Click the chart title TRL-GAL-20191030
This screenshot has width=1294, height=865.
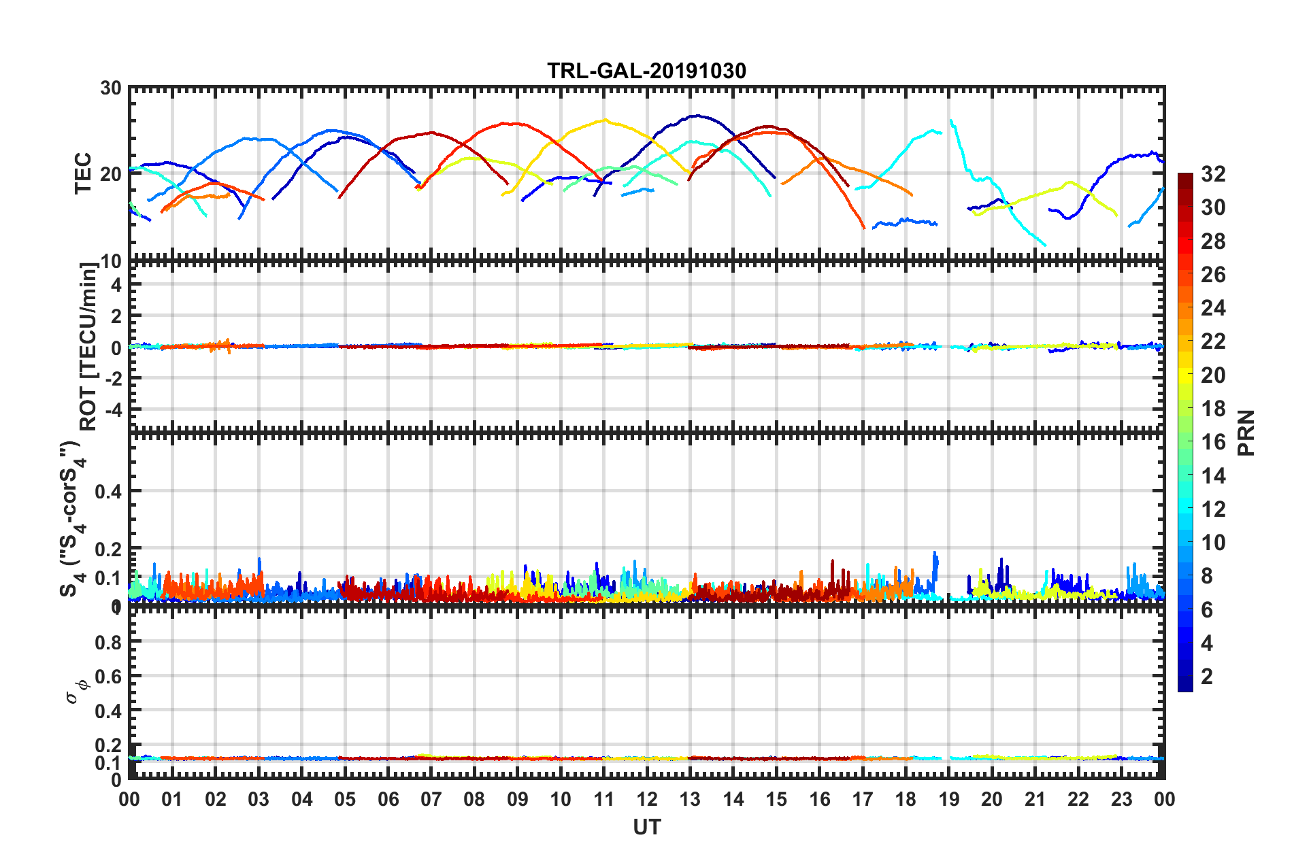pyautogui.click(x=646, y=71)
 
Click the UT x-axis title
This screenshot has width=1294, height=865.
pyautogui.click(x=646, y=827)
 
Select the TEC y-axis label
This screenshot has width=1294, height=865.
pyautogui.click(x=83, y=173)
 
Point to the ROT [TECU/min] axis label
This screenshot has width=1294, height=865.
pyautogui.click(x=88, y=347)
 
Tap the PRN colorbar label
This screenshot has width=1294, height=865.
pyautogui.click(x=1246, y=432)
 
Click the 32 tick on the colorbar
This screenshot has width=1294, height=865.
pyautogui.click(x=1213, y=174)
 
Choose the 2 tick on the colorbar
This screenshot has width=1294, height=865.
pyautogui.click(x=1207, y=676)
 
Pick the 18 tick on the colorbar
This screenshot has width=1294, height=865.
pyautogui.click(x=1213, y=409)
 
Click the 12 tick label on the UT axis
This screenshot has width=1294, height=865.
pyautogui.click(x=646, y=799)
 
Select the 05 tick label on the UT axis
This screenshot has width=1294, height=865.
pyautogui.click(x=345, y=799)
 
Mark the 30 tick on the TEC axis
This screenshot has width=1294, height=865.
pyautogui.click(x=111, y=88)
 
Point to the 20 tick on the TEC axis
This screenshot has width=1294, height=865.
pyautogui.click(x=111, y=174)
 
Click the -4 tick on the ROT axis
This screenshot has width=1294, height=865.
pyautogui.click(x=114, y=410)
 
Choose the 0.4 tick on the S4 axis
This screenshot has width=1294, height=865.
pyautogui.click(x=108, y=491)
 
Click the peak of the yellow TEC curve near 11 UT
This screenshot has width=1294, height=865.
pyautogui.click(x=603, y=120)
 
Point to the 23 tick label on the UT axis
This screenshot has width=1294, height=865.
pyautogui.click(x=1121, y=799)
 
